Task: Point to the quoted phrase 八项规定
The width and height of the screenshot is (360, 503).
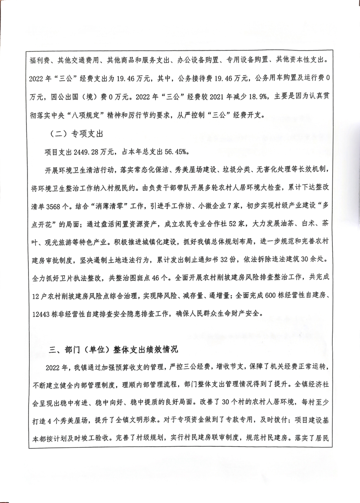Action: [x=90, y=116]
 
